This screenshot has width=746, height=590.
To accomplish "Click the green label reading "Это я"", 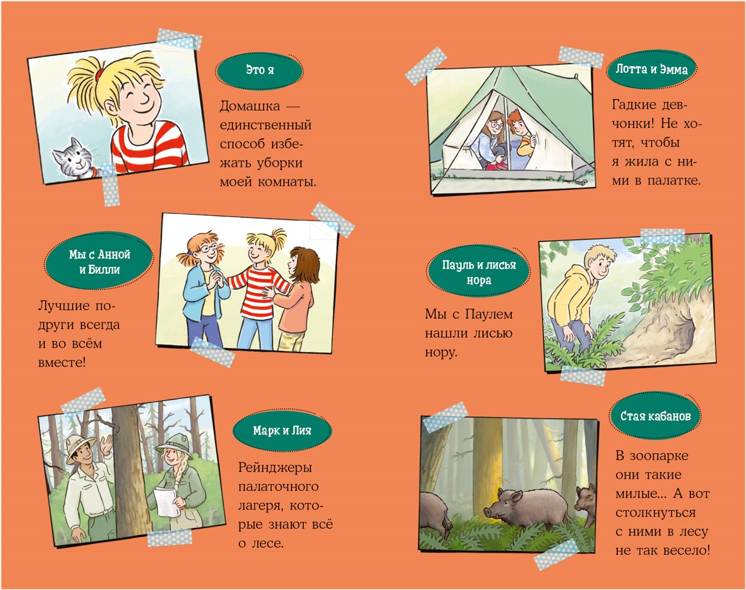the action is click(260, 71).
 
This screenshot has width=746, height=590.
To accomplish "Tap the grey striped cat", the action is click(76, 159).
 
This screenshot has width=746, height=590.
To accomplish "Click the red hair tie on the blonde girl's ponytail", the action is click(100, 72).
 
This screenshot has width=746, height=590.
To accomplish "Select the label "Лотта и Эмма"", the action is click(651, 70).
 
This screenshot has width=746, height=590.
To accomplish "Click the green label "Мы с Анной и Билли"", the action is click(99, 262).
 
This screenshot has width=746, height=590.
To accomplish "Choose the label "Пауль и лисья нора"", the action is click(479, 272).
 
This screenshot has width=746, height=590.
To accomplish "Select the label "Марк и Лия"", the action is click(282, 431).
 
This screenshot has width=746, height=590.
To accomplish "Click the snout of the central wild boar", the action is click(488, 511).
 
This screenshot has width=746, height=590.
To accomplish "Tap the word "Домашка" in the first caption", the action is click(249, 106).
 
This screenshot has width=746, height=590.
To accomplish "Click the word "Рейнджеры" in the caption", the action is click(275, 468).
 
